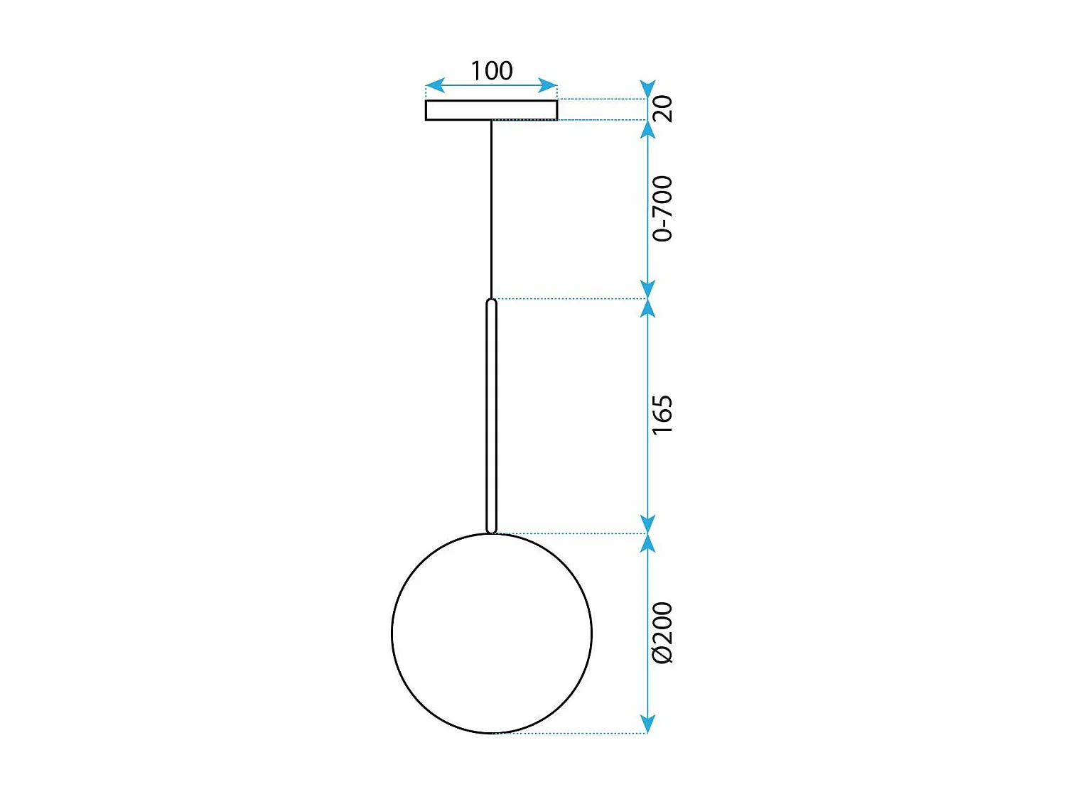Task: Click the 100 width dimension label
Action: [x=491, y=70]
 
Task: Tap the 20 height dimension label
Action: [x=662, y=109]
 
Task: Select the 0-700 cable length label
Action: [x=662, y=209]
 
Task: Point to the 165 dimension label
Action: [x=662, y=415]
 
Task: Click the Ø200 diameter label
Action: [x=662, y=633]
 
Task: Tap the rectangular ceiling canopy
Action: [x=491, y=110]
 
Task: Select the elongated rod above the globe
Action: [x=491, y=415]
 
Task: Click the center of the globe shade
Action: [x=492, y=633]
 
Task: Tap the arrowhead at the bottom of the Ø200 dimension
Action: [x=647, y=724]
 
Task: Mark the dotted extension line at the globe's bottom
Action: [x=569, y=733]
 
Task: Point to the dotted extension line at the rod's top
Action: [x=569, y=299]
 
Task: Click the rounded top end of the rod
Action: [x=491, y=303]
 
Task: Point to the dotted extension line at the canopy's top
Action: [x=601, y=99]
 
